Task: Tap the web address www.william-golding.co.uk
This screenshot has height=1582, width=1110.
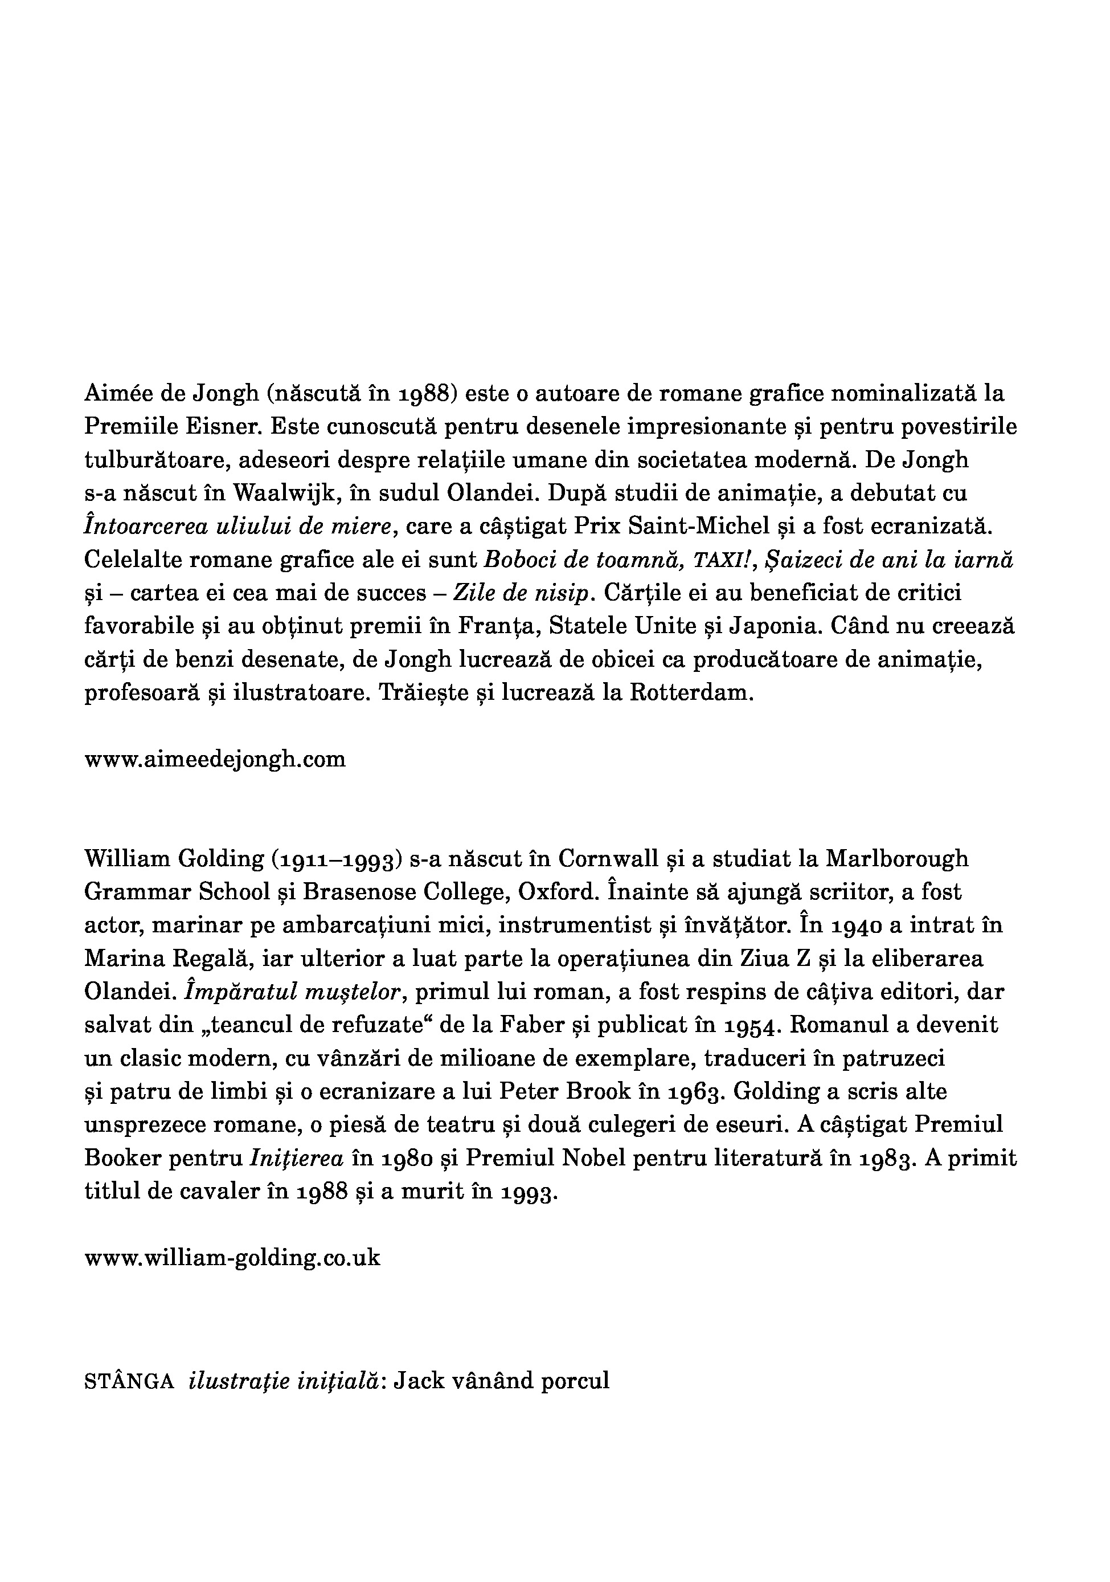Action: click(x=232, y=1258)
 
